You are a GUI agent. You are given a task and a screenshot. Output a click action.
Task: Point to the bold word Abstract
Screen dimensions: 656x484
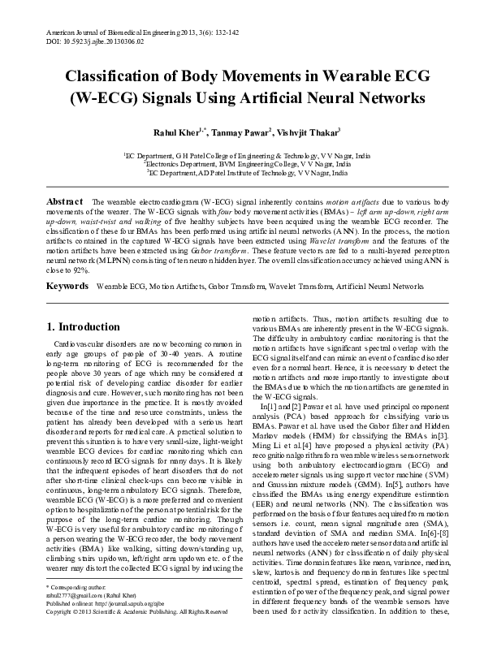click(65, 201)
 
